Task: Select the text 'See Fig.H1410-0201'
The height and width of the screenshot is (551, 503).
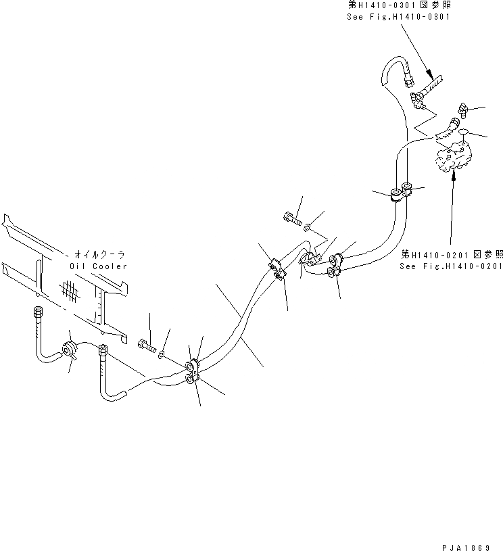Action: [450, 266]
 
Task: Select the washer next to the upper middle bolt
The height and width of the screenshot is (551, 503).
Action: [308, 226]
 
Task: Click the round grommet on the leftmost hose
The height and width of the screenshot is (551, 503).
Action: [68, 349]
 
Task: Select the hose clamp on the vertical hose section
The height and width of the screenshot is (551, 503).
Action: [400, 194]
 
